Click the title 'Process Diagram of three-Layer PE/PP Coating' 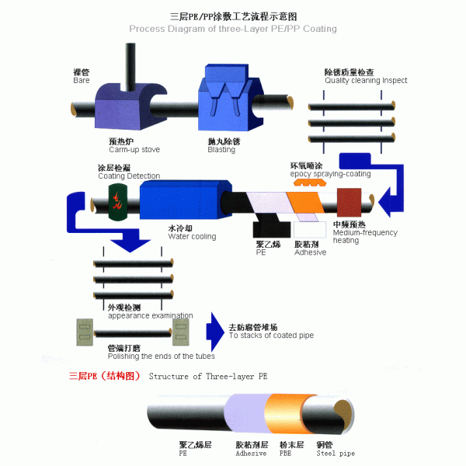pyautogui.click(x=232, y=29)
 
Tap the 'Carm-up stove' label pyautogui.click(x=134, y=149)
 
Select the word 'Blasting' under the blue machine pyautogui.click(x=221, y=150)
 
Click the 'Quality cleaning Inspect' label pyautogui.click(x=365, y=80)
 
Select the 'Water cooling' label pyautogui.click(x=192, y=236)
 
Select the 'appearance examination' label pyautogui.click(x=150, y=315)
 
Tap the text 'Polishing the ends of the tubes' pyautogui.click(x=161, y=356)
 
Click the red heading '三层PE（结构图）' pyautogui.click(x=103, y=375)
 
